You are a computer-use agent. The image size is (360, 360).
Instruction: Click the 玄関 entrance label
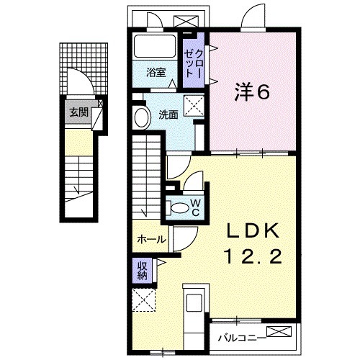[x=79, y=112]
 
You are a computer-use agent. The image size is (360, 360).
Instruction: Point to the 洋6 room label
[x=253, y=92]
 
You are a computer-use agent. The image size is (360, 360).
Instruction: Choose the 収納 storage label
[x=144, y=269]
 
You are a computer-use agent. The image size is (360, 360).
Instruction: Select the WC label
[x=195, y=208]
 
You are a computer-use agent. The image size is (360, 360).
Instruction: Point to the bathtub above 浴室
[x=156, y=48]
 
